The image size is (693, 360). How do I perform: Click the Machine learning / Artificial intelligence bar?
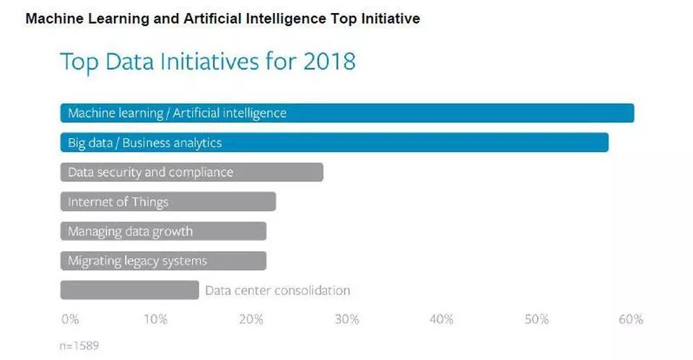tap(346, 113)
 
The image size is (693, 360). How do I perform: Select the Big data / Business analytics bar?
tap(334, 143)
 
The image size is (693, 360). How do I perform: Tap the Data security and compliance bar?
tap(191, 172)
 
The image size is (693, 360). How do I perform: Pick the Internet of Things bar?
tap(167, 202)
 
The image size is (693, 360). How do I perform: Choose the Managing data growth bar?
tap(163, 232)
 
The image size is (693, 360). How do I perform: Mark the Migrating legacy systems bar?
tap(163, 261)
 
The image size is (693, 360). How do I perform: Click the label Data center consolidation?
tap(277, 291)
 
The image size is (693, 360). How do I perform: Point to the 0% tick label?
tap(70, 320)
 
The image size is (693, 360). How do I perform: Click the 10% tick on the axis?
tap(155, 320)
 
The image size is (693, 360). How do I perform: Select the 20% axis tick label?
tap(250, 320)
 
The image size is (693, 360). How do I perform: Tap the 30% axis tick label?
tap(346, 320)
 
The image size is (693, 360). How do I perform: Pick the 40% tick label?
tap(441, 320)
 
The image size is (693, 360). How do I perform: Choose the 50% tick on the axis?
tap(536, 320)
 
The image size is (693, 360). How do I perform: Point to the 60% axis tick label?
tap(630, 320)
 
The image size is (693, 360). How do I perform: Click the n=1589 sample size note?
tap(79, 346)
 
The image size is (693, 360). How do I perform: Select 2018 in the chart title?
tap(328, 61)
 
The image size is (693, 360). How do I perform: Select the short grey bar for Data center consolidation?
tap(129, 290)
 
